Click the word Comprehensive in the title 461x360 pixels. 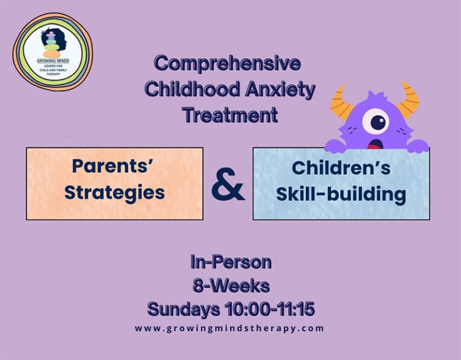pos(227,64)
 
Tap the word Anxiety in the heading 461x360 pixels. pos(280,89)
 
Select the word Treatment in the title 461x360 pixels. pos(230,115)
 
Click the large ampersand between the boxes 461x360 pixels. pos(228,184)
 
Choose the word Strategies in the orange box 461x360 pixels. pos(115,193)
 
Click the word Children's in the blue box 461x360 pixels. pos(342,168)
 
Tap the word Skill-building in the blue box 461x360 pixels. pos(342,194)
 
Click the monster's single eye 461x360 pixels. pos(376,121)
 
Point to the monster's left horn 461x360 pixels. pos(341,103)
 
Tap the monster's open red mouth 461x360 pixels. pos(375,144)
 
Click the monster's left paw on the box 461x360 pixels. pos(335,146)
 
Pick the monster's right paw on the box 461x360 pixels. pos(418,146)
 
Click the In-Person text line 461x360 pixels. pos(230,262)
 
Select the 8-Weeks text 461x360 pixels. pos(231,286)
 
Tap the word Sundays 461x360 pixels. pos(184,310)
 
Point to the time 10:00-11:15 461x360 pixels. pos(270,309)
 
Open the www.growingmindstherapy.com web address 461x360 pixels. pos(229,328)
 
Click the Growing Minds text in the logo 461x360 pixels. pos(53,61)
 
